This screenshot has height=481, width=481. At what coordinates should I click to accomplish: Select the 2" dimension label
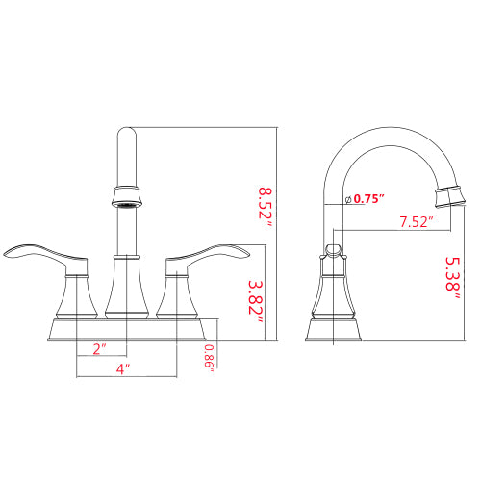click(x=100, y=349)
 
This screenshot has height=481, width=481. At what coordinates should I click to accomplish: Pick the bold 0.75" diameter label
click(x=368, y=199)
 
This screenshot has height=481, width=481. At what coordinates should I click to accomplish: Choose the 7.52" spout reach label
click(x=414, y=222)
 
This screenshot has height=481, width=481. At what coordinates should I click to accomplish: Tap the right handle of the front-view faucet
click(x=213, y=253)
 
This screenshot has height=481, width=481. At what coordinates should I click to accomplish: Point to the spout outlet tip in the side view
click(x=446, y=198)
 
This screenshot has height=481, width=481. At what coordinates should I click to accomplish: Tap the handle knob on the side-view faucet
click(x=333, y=252)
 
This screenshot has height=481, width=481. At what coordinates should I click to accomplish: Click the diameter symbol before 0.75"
click(x=346, y=199)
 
